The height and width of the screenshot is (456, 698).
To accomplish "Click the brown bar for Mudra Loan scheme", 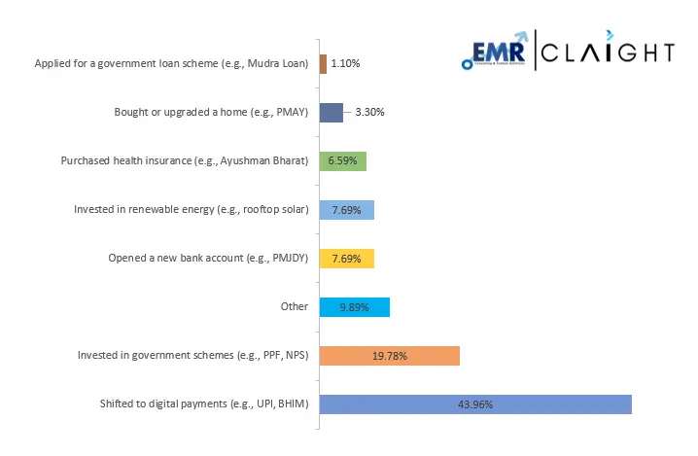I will pyautogui.click(x=323, y=64).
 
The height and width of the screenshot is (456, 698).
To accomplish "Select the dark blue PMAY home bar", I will pyautogui.click(x=331, y=113).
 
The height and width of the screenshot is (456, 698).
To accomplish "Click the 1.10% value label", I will pyautogui.click(x=347, y=64).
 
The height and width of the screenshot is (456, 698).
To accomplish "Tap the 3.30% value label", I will pyautogui.click(x=369, y=113).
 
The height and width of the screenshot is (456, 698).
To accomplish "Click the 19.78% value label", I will pyautogui.click(x=389, y=356).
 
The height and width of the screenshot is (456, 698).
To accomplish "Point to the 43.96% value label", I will pyautogui.click(x=476, y=404).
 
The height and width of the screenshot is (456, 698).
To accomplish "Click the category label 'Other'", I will pyautogui.click(x=294, y=307).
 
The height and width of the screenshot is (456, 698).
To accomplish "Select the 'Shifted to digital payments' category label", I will pyautogui.click(x=204, y=404).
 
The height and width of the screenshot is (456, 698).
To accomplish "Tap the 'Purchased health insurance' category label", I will pyautogui.click(x=184, y=161).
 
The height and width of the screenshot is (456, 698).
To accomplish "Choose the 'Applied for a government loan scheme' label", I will pyautogui.click(x=171, y=64).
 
